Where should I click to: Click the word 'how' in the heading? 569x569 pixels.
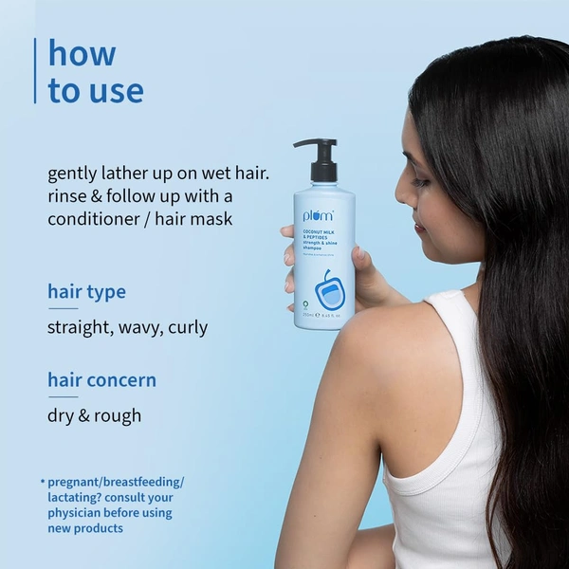[x=82, y=54]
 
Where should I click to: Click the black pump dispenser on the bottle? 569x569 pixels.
[x=321, y=159]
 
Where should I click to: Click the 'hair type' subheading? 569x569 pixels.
[x=86, y=290]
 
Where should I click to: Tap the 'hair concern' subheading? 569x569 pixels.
[x=101, y=380]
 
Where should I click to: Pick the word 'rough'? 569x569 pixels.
[x=119, y=415]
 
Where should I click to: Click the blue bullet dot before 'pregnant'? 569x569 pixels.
[x=42, y=481]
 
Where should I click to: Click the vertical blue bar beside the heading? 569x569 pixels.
[x=36, y=70]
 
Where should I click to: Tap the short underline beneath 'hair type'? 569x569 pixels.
[x=63, y=308]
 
